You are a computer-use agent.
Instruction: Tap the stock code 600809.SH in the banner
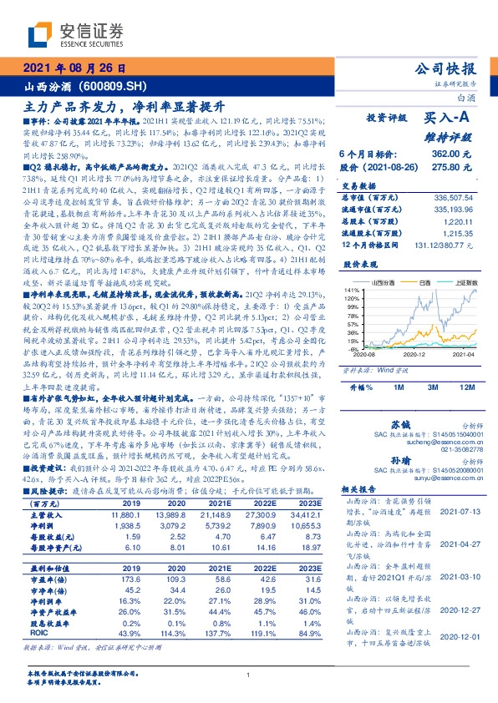(x=118, y=87)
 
